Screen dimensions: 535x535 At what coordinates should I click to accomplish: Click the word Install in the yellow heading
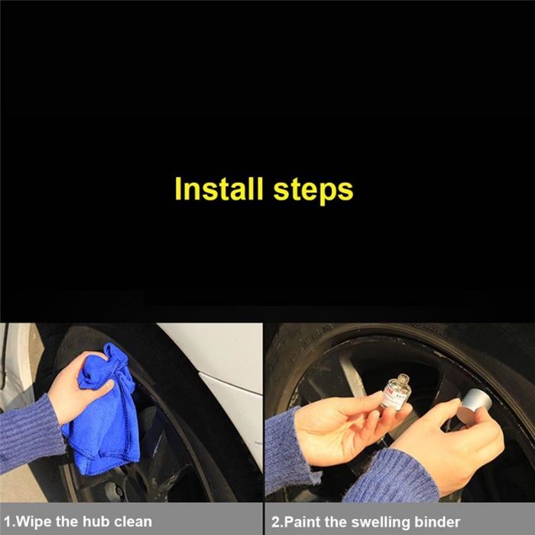click(219, 189)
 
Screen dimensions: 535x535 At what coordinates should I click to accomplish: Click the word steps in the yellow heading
click(313, 190)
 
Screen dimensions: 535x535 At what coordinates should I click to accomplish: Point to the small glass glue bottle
click(396, 391)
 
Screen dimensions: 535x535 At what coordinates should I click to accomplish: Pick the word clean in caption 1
click(133, 522)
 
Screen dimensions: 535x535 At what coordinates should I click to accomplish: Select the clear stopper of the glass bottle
click(403, 379)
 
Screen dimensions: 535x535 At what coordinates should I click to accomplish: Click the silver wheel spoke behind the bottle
click(350, 374)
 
